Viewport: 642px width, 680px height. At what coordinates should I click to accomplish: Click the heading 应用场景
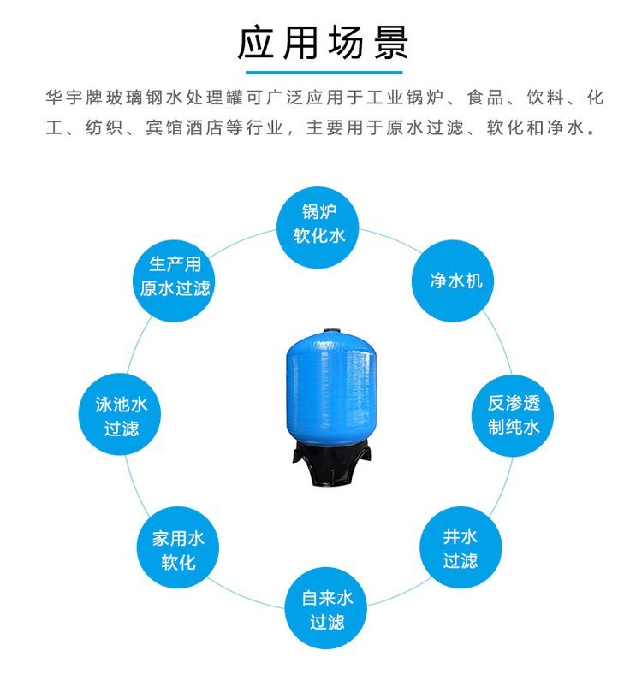(323, 43)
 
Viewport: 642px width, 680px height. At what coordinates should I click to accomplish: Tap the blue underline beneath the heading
(324, 72)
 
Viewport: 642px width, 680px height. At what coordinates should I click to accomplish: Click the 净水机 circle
(453, 281)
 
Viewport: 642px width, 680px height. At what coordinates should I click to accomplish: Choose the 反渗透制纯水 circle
(513, 415)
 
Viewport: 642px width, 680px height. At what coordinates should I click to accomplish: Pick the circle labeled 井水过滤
(461, 548)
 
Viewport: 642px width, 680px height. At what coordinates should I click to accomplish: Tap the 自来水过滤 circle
(326, 609)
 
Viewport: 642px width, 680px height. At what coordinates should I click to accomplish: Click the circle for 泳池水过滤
(120, 414)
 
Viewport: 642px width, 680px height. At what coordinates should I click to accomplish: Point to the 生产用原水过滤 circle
(174, 281)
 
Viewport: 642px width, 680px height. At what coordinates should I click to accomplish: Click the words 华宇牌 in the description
(75, 98)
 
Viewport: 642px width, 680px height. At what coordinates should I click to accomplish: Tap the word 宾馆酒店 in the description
(184, 127)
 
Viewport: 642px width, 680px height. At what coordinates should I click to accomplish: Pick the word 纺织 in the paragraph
(104, 127)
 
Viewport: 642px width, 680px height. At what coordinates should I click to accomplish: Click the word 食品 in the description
(485, 98)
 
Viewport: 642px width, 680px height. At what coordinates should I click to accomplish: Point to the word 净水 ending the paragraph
(566, 127)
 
